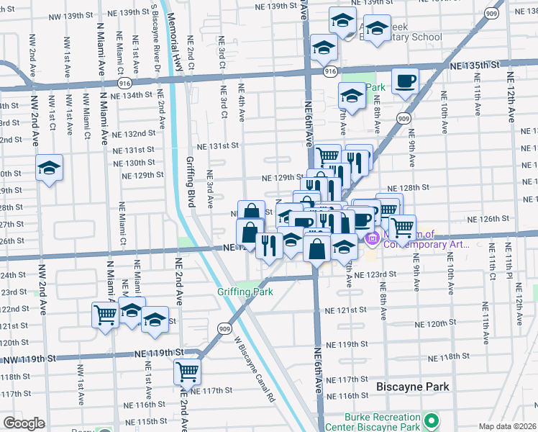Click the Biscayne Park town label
[413, 387]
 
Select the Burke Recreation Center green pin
[432, 419]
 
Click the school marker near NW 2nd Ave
[50, 170]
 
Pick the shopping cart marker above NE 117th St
[187, 372]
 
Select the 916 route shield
[330, 72]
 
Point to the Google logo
[24, 423]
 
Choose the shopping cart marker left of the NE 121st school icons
[105, 315]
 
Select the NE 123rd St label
[375, 274]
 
